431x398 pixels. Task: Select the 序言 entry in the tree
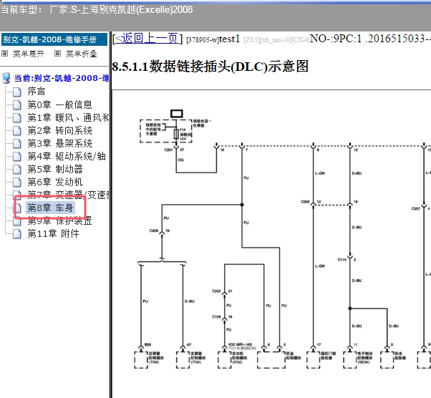coord(37,92)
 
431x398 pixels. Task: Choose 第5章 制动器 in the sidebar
coord(55,169)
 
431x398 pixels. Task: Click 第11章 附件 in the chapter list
coord(54,233)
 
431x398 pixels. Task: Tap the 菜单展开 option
coord(28,54)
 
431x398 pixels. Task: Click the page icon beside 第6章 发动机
coord(17,182)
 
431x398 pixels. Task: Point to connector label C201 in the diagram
coord(169,150)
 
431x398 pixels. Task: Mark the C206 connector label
coord(153,231)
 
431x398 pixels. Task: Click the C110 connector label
coord(343,261)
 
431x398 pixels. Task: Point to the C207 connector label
coord(415,209)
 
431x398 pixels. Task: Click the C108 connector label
coord(216,316)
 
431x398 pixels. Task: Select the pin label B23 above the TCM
coord(148,344)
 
